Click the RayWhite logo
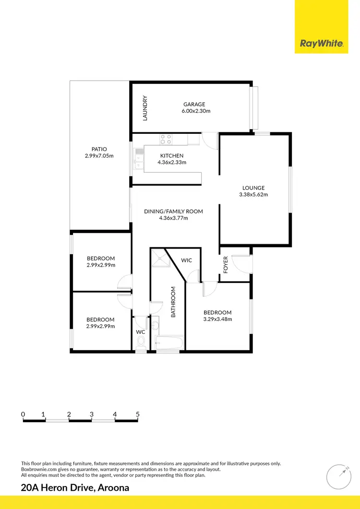(322, 44)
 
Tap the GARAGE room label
(194, 104)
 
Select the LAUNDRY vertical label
(145, 108)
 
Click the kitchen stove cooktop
(166, 139)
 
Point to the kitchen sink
(139, 160)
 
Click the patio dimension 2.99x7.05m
(99, 156)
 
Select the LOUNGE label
(253, 188)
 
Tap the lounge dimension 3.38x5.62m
(253, 195)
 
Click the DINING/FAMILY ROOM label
(173, 211)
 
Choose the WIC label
(187, 260)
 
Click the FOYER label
(226, 265)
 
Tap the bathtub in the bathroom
(169, 343)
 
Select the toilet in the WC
(141, 342)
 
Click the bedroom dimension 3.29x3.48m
(217, 319)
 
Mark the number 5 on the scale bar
(138, 414)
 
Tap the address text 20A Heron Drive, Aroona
(75, 488)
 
